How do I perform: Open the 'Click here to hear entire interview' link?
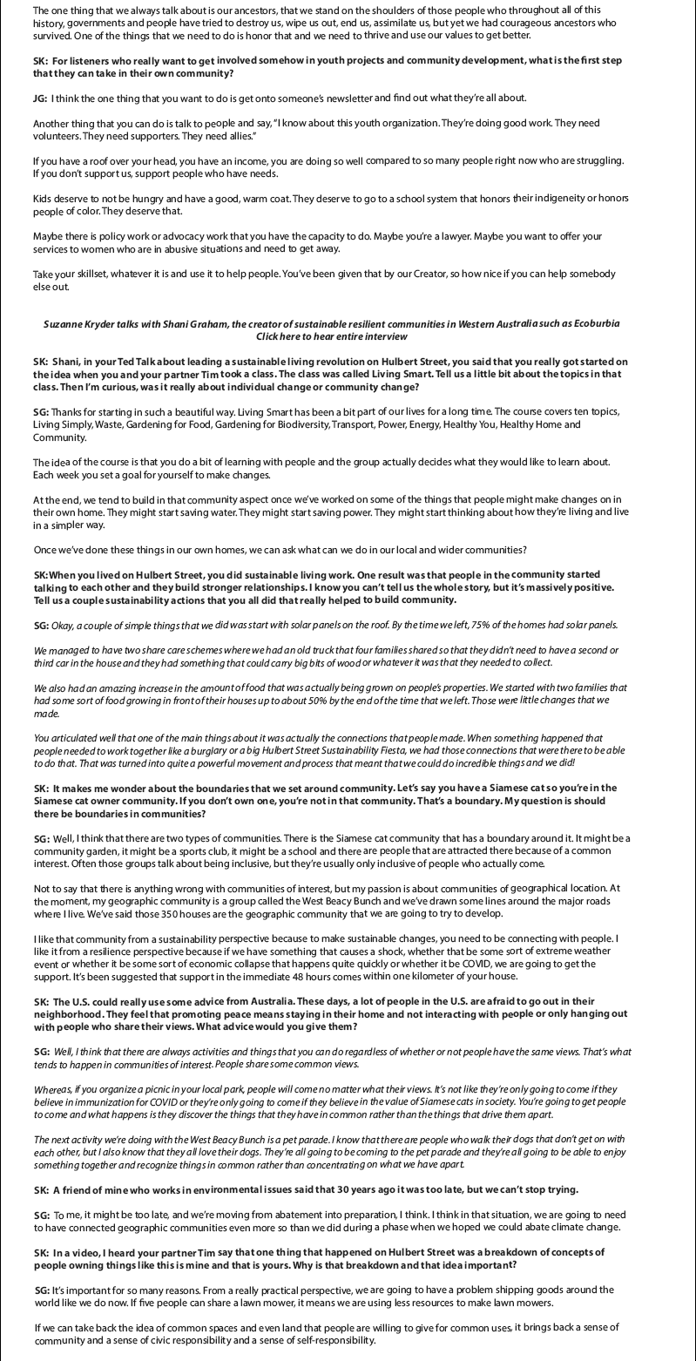(332, 335)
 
